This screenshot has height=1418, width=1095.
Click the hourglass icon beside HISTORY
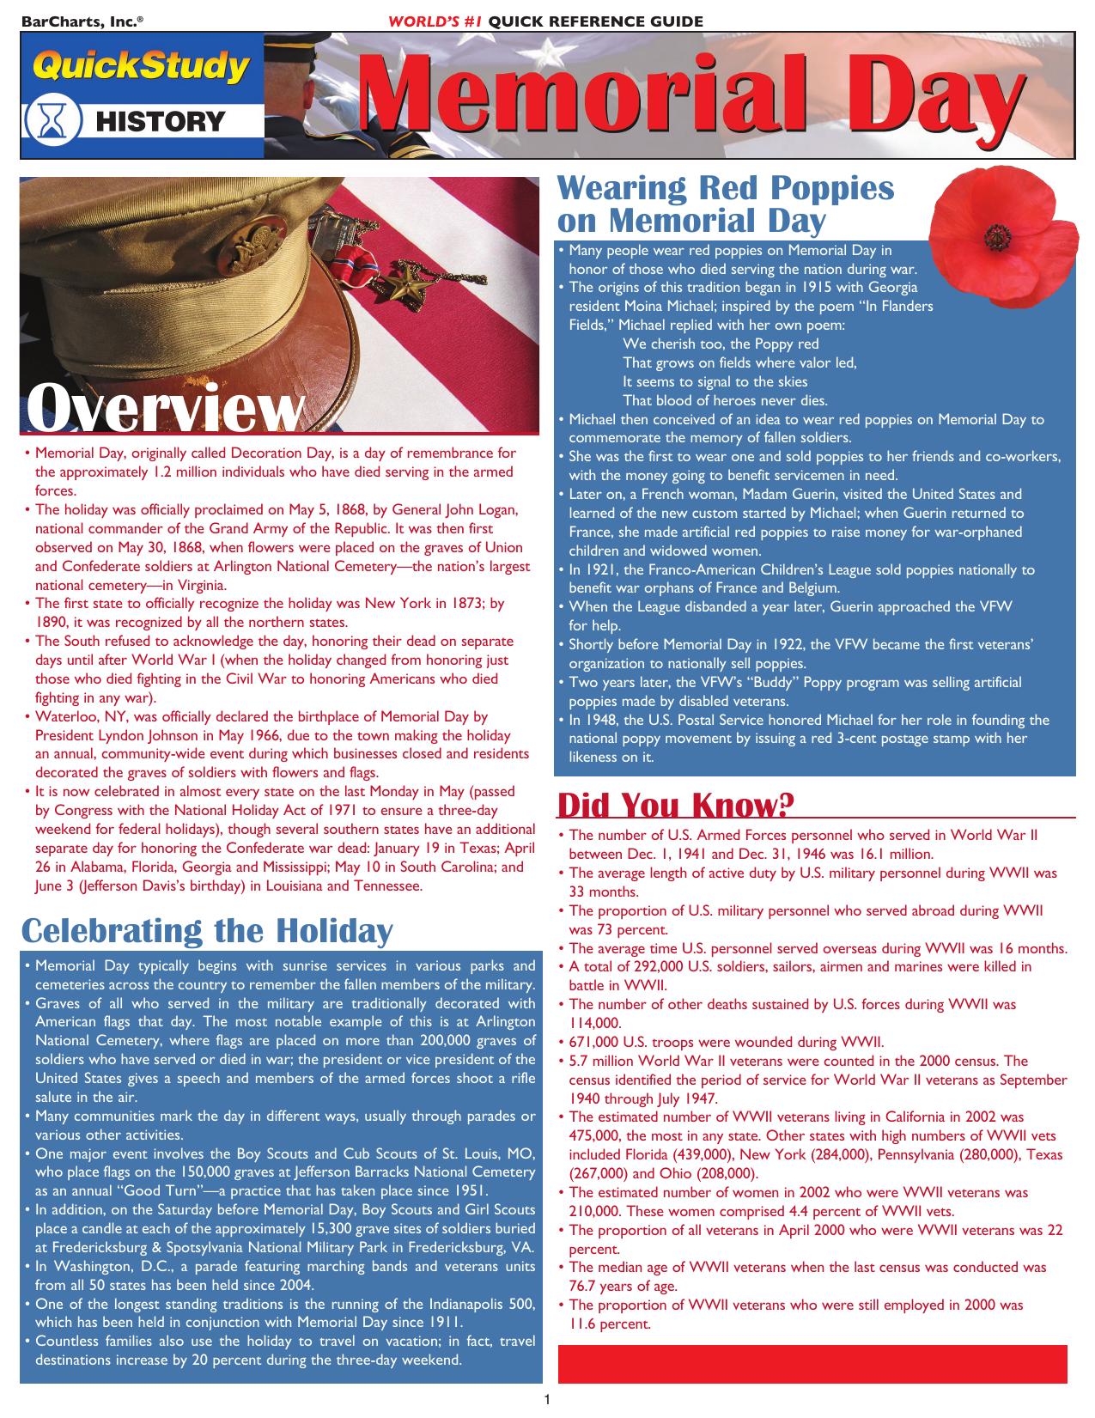coord(54,121)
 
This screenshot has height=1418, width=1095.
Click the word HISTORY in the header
coord(160,122)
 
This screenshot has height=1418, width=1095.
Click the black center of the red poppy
coord(997,234)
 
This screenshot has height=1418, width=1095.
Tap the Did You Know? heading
coord(675,806)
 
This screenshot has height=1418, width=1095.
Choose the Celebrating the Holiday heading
coord(206,930)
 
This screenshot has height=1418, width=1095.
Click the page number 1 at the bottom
coord(547,1400)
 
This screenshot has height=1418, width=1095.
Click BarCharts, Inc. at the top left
coord(76,21)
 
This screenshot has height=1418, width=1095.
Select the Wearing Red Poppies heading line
coord(726,188)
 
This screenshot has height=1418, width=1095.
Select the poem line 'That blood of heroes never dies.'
coord(725,400)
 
